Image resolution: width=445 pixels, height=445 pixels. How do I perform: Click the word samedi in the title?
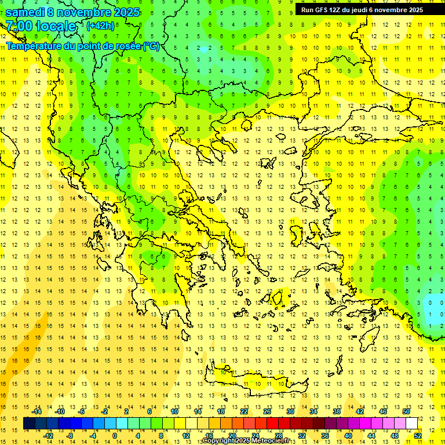coord(28,12)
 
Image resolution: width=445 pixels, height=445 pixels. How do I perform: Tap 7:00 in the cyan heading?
coord(19,26)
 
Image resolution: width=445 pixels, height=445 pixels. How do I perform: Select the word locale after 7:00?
coord(56,26)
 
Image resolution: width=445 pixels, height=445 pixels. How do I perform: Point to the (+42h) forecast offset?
coord(100,25)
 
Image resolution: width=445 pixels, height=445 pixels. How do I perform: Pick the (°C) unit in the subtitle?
coord(151,46)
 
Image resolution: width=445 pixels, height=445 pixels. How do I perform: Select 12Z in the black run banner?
coord(336,10)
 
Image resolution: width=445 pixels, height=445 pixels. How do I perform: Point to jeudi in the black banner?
coord(362,10)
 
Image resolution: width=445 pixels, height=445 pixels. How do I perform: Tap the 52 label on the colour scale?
coord(418,435)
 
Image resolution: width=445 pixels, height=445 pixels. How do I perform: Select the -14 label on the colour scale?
coord(37,411)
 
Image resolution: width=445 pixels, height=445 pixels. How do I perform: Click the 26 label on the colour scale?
coord(267,411)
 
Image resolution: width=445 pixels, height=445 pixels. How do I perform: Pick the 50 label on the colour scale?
coord(406,411)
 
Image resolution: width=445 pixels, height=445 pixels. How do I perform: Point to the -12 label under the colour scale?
coord(48,435)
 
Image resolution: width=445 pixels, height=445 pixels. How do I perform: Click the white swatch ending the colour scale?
coord(412,424)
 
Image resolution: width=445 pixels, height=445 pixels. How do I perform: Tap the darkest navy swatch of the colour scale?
coord(29,424)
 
